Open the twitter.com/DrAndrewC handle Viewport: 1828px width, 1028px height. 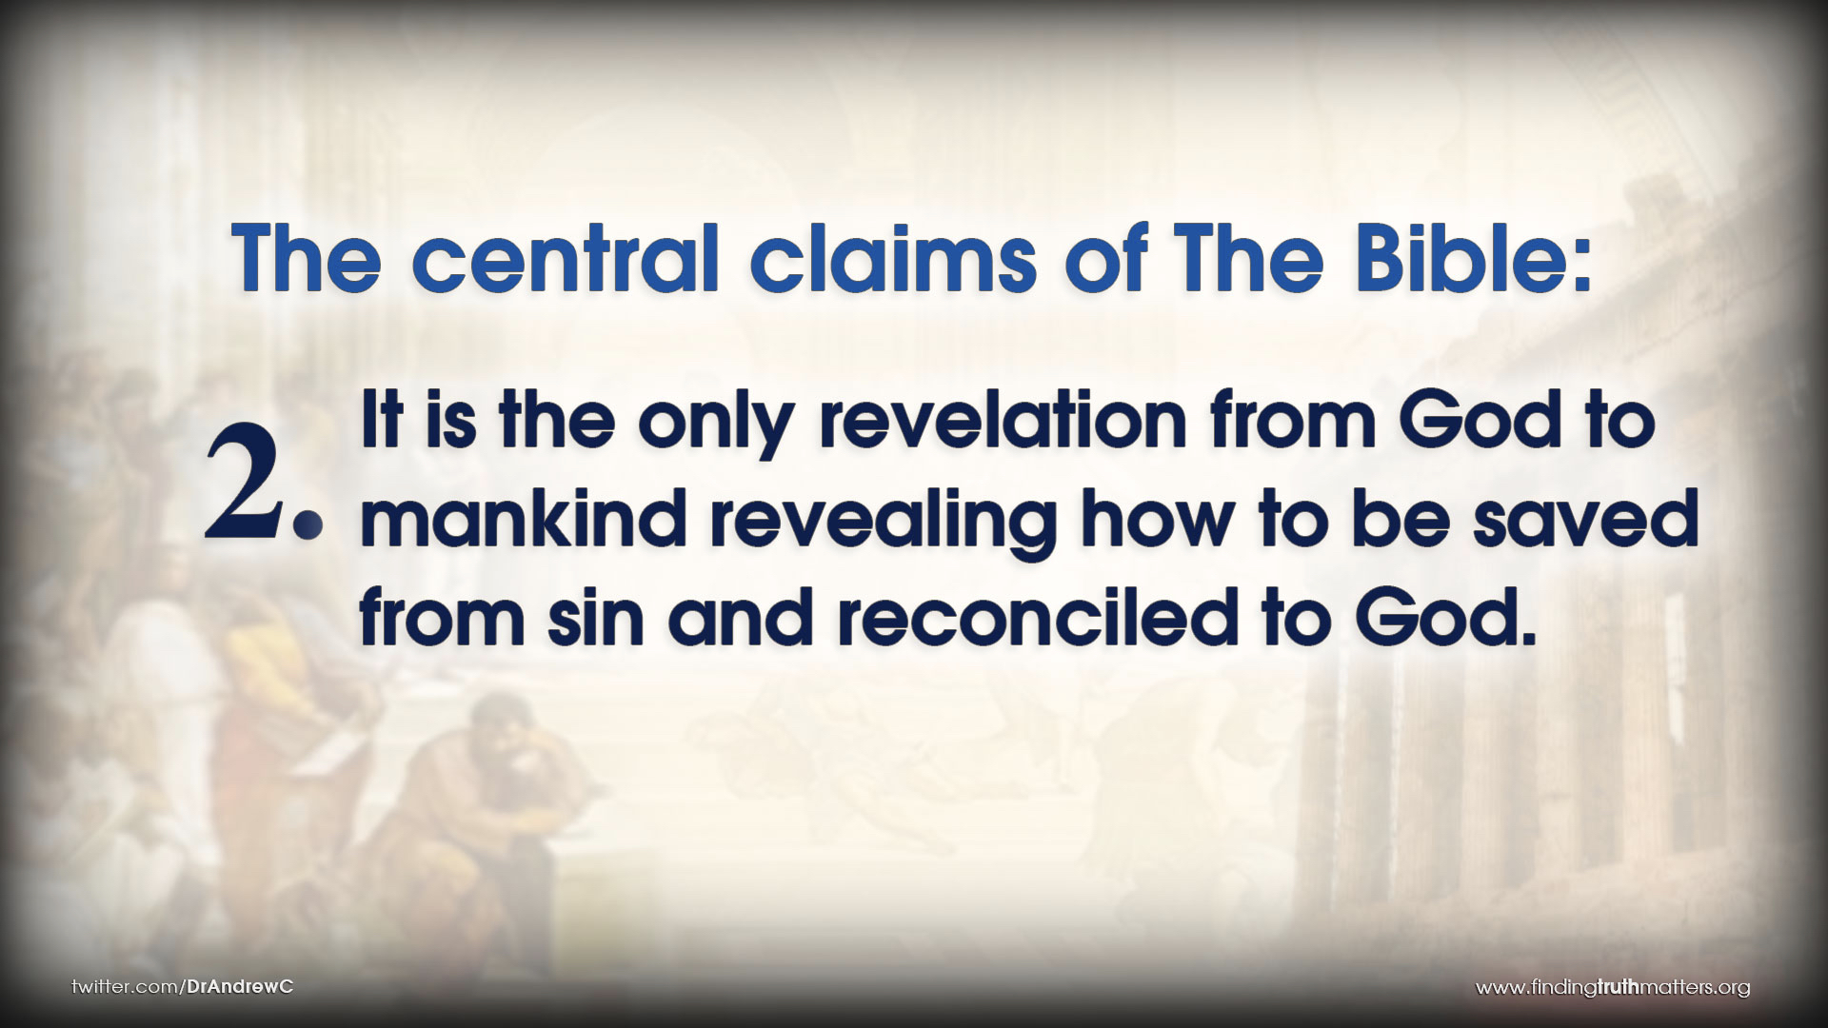point(183,986)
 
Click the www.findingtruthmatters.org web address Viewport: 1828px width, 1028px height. point(1613,988)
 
